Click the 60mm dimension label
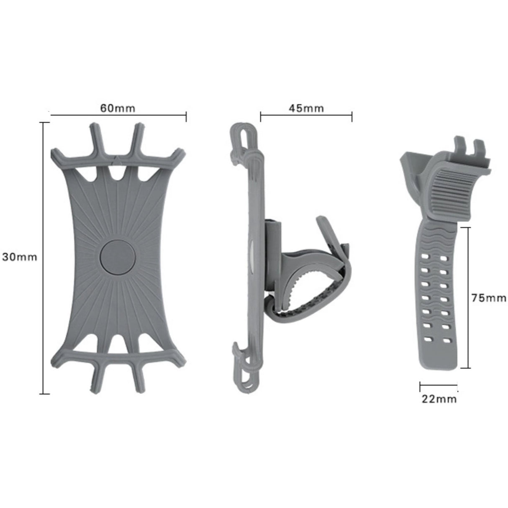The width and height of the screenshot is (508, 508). [118, 108]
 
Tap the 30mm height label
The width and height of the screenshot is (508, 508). [19, 257]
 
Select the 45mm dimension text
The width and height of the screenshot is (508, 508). [306, 108]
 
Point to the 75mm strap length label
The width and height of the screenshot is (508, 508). [488, 298]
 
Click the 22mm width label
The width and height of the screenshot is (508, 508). [439, 399]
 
